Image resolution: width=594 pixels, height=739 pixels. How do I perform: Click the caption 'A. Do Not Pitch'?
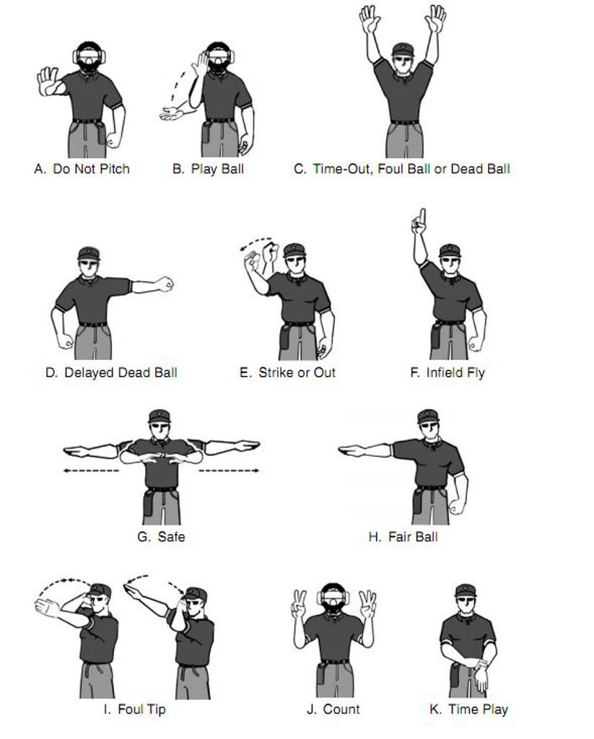(82, 169)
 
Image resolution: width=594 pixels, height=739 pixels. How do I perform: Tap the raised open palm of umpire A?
(48, 81)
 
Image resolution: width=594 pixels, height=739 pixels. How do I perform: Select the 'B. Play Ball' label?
(208, 169)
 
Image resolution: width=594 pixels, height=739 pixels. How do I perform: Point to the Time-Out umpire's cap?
(403, 49)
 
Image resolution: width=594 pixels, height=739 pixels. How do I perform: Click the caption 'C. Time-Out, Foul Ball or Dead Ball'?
(402, 169)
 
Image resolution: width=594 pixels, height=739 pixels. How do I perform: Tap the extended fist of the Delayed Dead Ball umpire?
(165, 284)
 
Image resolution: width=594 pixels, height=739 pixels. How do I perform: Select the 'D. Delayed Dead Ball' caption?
(111, 372)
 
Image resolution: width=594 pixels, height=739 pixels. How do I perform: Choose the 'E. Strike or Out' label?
(287, 372)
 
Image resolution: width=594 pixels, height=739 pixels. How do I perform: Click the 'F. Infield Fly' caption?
(447, 372)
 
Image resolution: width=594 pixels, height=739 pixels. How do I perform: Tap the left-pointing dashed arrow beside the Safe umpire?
(89, 471)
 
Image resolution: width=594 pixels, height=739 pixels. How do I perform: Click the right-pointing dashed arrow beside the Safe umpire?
(229, 471)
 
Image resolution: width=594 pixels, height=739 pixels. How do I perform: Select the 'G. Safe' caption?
(161, 536)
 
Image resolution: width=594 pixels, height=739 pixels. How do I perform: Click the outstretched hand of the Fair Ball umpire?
(353, 451)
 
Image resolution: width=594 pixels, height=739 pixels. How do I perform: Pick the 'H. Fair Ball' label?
(403, 536)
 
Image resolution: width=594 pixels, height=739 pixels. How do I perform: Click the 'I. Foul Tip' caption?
(134, 709)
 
